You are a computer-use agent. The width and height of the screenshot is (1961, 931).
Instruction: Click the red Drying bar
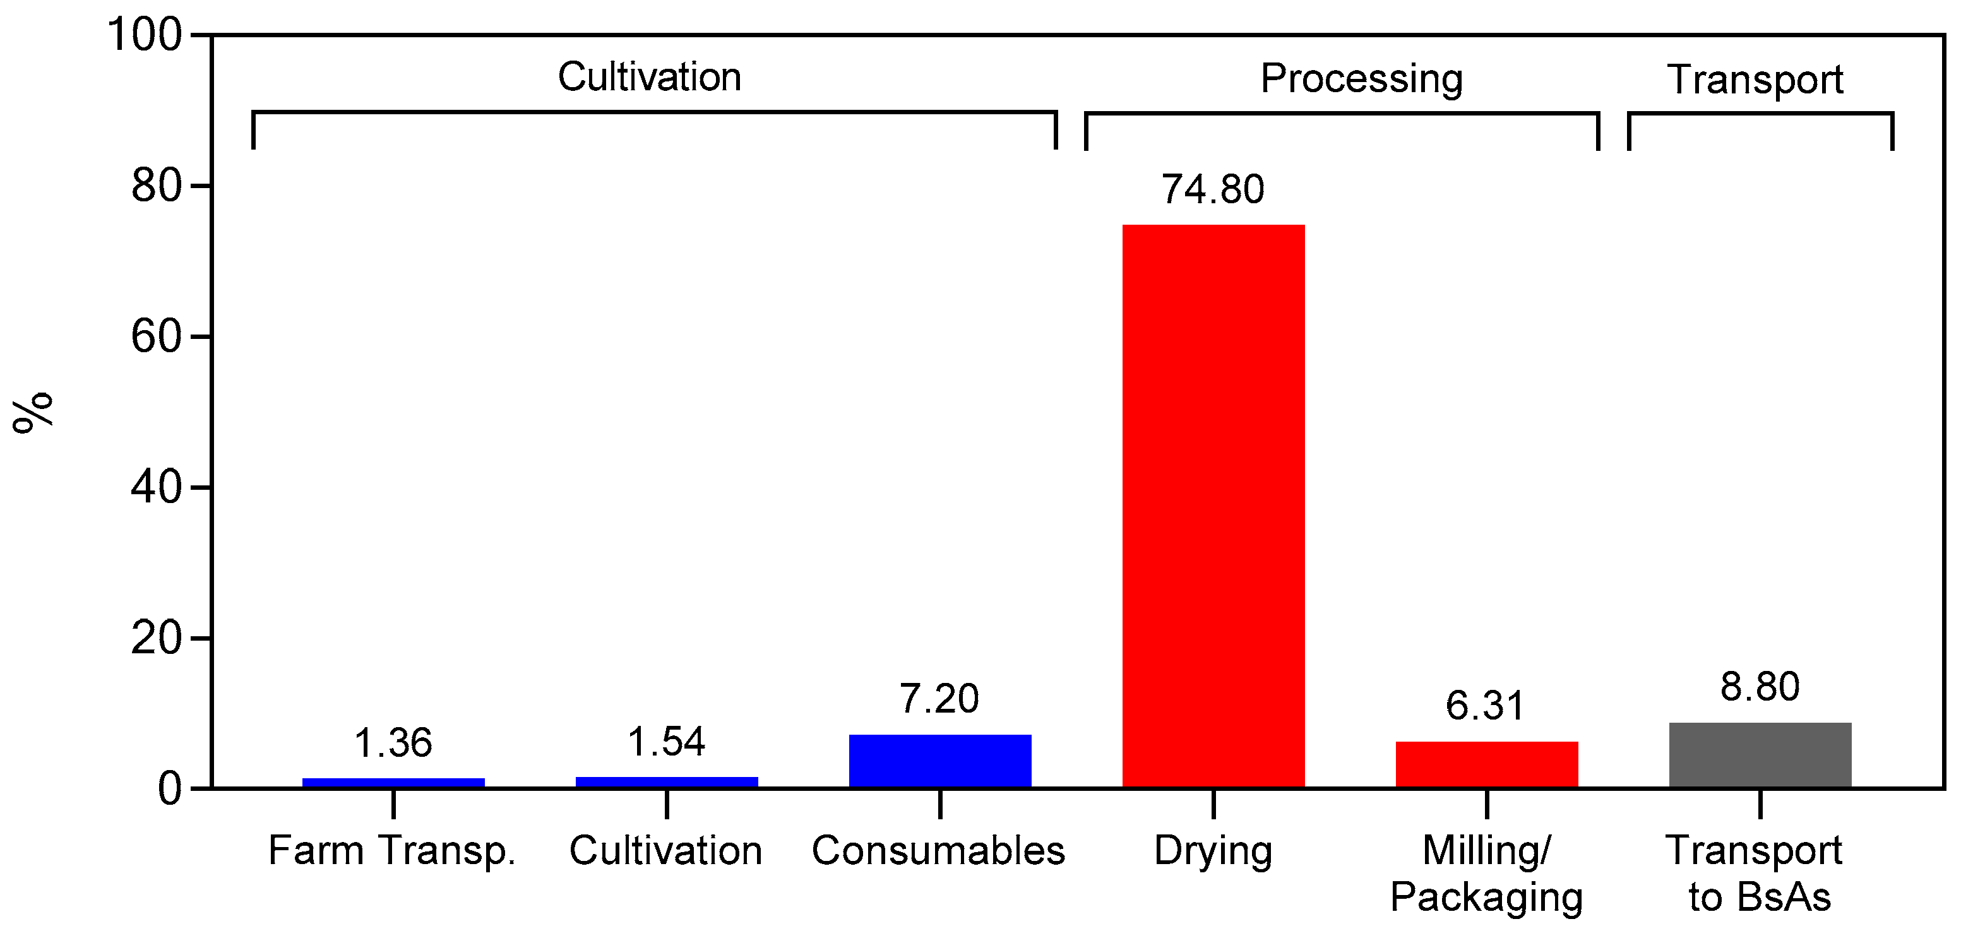pyautogui.click(x=1213, y=506)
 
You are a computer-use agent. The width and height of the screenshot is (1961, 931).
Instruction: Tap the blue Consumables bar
pyautogui.click(x=939, y=761)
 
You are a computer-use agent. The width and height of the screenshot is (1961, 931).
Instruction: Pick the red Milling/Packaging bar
pyautogui.click(x=1486, y=764)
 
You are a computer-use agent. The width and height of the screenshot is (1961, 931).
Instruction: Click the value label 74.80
pyautogui.click(x=1213, y=189)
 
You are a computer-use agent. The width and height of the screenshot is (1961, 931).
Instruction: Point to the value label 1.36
pyautogui.click(x=393, y=743)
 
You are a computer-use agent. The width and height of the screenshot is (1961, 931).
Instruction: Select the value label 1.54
pyautogui.click(x=666, y=742)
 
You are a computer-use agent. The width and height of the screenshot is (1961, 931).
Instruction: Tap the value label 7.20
pyautogui.click(x=939, y=698)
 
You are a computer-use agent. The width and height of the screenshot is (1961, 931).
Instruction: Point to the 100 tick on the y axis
pyautogui.click(x=145, y=34)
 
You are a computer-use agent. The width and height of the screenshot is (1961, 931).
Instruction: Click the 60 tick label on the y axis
pyautogui.click(x=156, y=336)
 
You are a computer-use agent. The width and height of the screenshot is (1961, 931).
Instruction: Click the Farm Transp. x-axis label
pyautogui.click(x=392, y=850)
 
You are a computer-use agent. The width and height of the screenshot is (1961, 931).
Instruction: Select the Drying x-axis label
pyautogui.click(x=1213, y=850)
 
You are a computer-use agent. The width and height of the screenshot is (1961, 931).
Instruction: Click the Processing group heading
pyautogui.click(x=1361, y=78)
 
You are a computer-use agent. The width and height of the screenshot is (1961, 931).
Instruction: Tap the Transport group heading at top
pyautogui.click(x=1755, y=79)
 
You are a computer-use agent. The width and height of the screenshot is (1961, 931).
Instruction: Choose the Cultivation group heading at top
pyautogui.click(x=650, y=77)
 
